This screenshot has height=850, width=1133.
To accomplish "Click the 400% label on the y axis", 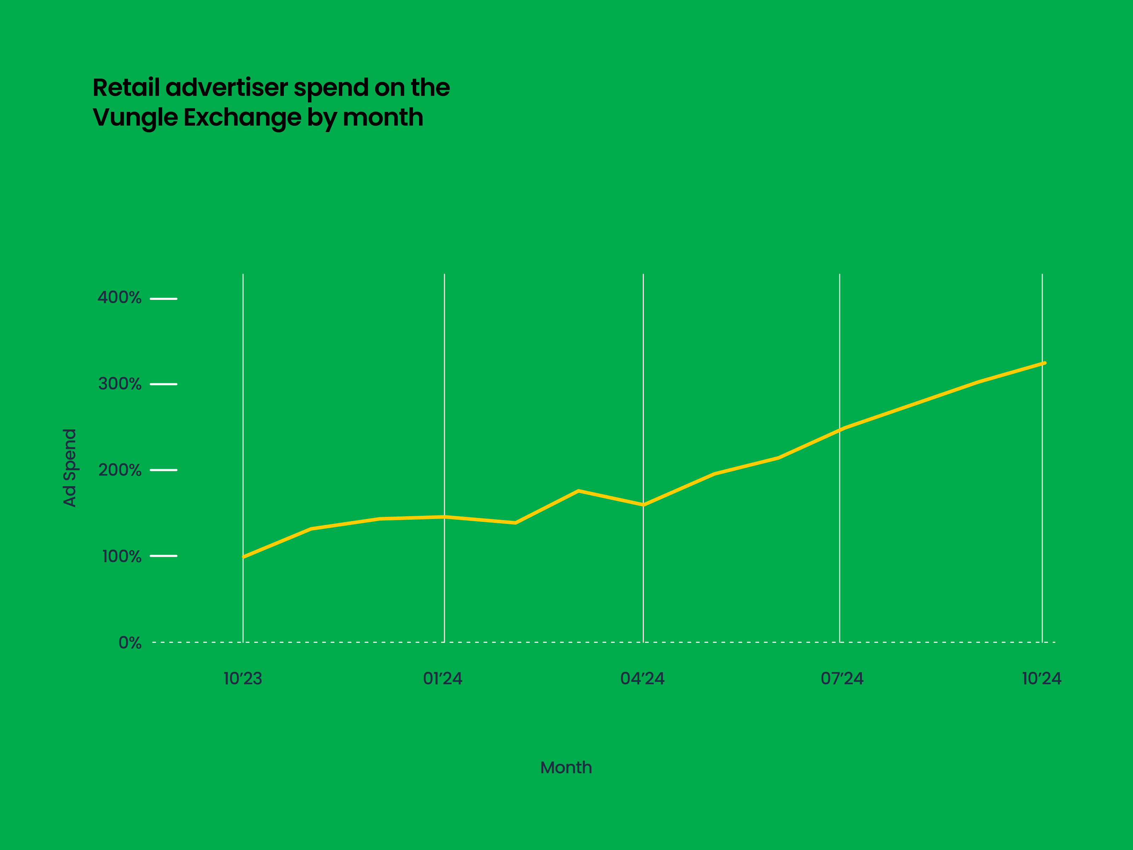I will [x=119, y=298].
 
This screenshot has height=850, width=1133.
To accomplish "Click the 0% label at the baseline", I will [x=130, y=643].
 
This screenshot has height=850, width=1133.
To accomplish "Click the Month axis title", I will [x=566, y=768].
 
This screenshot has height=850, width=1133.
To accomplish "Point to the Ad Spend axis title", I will [x=70, y=467].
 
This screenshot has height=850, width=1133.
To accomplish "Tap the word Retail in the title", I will [x=126, y=87].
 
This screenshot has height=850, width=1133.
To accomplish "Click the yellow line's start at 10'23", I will [x=243, y=557].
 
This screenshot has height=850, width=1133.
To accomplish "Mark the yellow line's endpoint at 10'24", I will [x=1044, y=363].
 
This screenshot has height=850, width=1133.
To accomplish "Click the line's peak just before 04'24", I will [x=578, y=491].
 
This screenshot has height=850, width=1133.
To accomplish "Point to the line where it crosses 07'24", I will [x=840, y=429].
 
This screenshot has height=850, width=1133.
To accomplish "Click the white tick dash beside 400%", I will [x=164, y=299].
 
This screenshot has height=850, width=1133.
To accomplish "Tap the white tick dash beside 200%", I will [x=164, y=470].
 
